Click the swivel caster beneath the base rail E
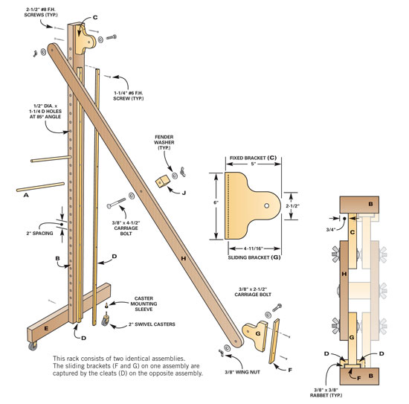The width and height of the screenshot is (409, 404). tap(33, 345)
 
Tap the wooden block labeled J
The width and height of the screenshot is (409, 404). tap(161, 181)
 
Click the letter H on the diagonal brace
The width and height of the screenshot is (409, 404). tap(184, 258)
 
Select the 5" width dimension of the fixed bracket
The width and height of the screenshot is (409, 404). tap(253, 164)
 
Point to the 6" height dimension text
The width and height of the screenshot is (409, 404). tap(216, 202)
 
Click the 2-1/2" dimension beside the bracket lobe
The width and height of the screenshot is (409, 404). tap(292, 205)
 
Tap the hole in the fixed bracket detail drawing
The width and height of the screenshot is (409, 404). tap(266, 205)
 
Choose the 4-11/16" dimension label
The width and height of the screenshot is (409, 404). tap(253, 249)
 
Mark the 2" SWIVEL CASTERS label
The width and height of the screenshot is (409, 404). tap(152, 324)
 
